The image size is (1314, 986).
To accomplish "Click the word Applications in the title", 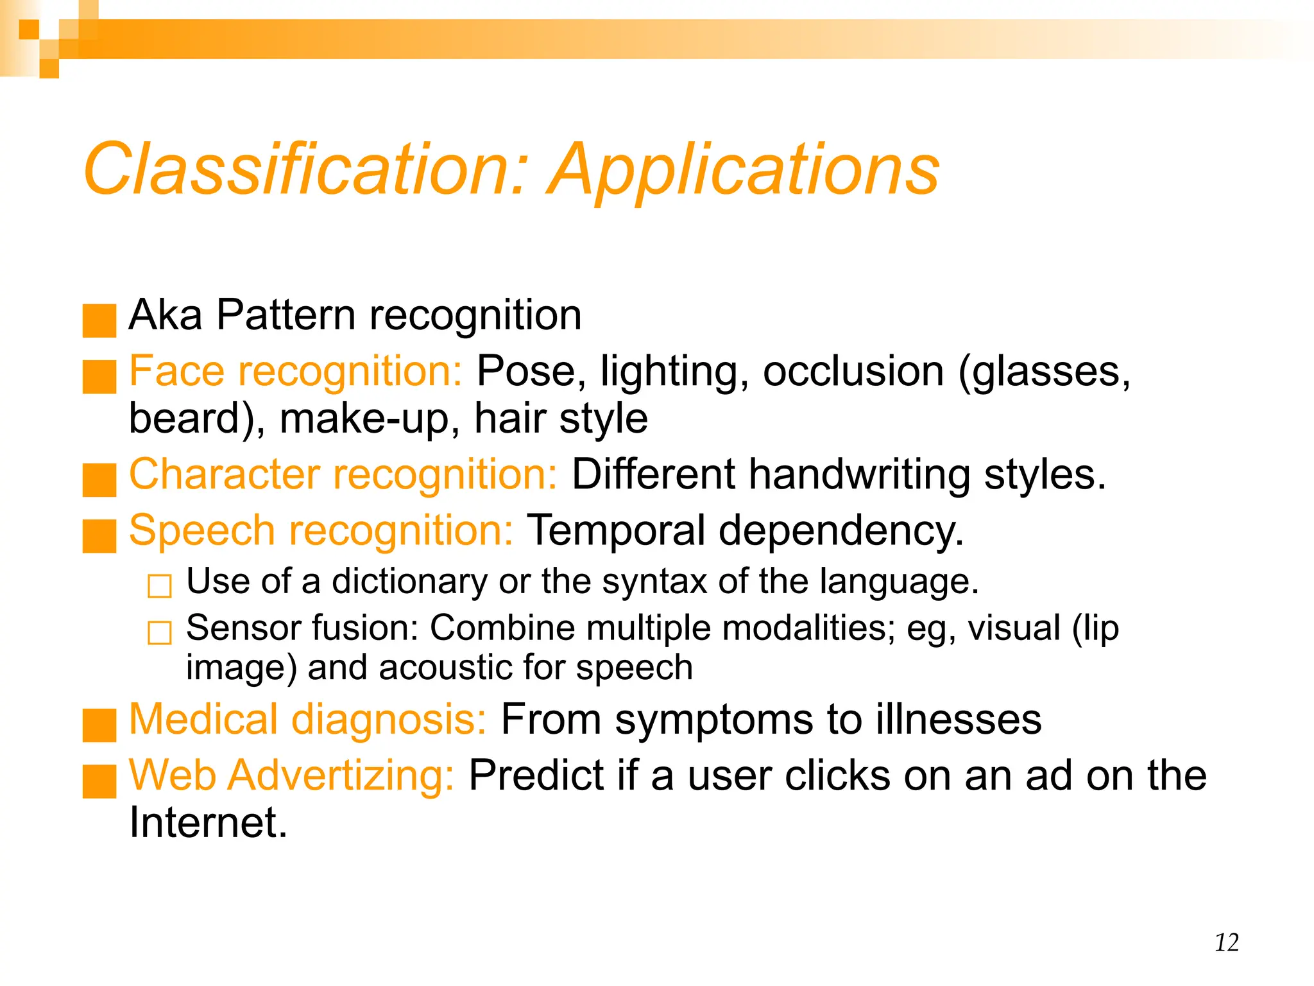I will pos(744,170).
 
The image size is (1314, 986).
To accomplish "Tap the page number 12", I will pos(1226,942).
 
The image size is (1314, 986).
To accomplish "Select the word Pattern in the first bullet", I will pos(286,315).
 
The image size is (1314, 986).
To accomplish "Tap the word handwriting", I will pos(860,476).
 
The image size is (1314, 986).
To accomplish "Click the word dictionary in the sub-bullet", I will pos(409,582).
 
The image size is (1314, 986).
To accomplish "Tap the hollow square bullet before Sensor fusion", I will pos(160,632).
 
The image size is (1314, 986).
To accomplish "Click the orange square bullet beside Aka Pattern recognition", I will pos(99,320).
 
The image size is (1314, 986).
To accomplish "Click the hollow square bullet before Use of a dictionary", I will pos(160,585).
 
